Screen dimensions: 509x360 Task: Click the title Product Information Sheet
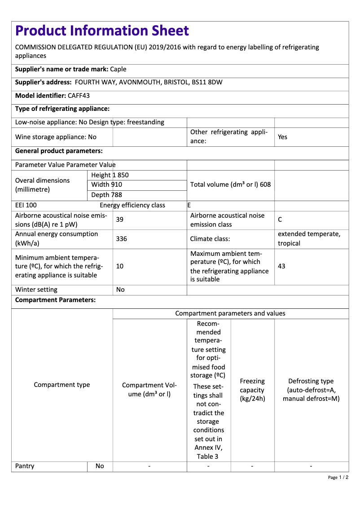(102, 31)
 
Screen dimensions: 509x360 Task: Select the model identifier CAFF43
(79, 96)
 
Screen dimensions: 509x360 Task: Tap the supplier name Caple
(118, 69)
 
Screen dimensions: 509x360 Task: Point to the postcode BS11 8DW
(207, 82)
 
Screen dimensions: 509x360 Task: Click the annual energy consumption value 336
(121, 239)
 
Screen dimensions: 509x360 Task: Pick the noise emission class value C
(280, 219)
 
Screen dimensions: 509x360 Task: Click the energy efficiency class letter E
(189, 205)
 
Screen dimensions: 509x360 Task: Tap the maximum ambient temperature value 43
(281, 266)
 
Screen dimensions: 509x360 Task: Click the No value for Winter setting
(120, 290)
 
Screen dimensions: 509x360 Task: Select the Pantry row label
(25, 466)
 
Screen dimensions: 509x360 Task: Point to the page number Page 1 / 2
(338, 477)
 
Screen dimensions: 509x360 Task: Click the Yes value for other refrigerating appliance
(282, 137)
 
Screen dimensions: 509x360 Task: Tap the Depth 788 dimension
(106, 195)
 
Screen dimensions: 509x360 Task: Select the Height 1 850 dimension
(110, 175)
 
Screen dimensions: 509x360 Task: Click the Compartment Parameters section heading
(55, 300)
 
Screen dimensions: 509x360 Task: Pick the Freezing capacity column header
(252, 390)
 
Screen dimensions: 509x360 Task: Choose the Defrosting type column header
(311, 390)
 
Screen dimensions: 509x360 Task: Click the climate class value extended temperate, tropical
(309, 239)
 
